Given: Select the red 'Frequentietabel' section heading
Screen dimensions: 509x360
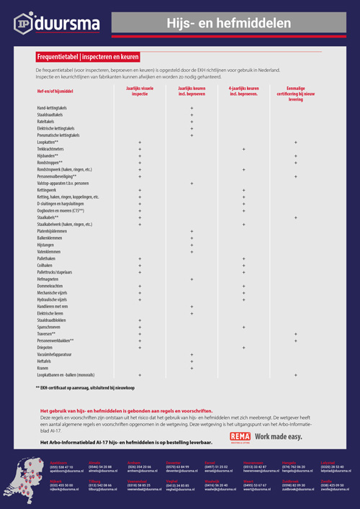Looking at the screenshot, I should pos(88,56).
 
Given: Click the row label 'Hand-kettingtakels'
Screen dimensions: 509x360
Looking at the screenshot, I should pos(56,107).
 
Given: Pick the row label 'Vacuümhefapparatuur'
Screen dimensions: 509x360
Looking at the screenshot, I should pos(58,354).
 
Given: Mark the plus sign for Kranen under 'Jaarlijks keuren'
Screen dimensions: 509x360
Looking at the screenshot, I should pos(192,368).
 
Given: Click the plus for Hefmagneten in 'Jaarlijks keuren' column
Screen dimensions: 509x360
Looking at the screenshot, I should pos(192,279).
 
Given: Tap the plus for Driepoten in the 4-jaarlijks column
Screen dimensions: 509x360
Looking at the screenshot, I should pos(243,348).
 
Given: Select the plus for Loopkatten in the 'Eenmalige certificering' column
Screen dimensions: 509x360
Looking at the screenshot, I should pos(295,142).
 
